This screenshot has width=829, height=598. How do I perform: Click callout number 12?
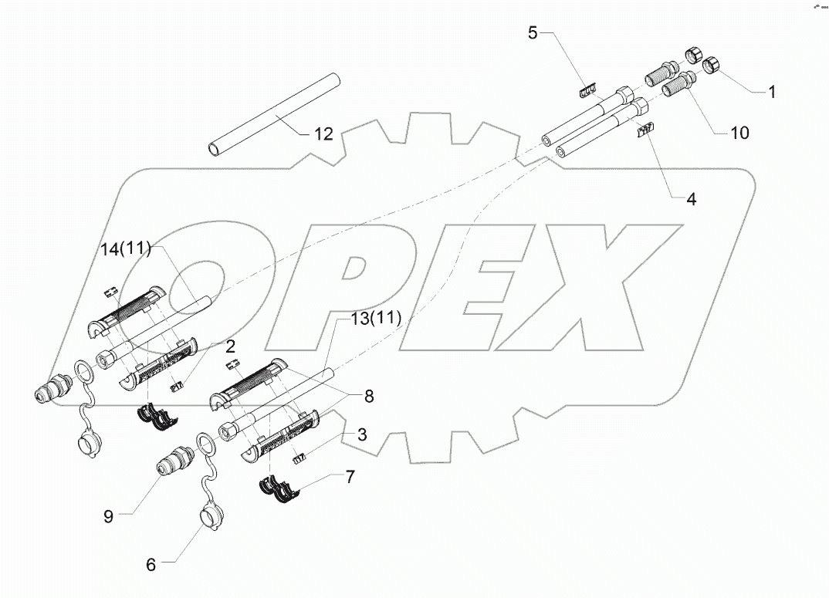tap(324, 134)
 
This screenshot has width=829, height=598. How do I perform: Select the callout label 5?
tap(532, 32)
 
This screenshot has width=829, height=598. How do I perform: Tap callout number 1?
tap(771, 92)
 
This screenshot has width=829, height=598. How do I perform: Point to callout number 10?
tap(739, 133)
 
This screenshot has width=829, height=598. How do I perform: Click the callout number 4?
tap(691, 199)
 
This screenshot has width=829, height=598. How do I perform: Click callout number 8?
tap(369, 397)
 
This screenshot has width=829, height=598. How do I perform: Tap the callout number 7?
tap(350, 477)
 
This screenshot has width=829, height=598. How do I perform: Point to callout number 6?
tap(151, 565)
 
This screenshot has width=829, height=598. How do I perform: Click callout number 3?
tap(361, 434)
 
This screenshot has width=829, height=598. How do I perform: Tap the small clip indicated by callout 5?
tap(587, 90)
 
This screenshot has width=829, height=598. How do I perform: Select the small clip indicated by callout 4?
tap(643, 131)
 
